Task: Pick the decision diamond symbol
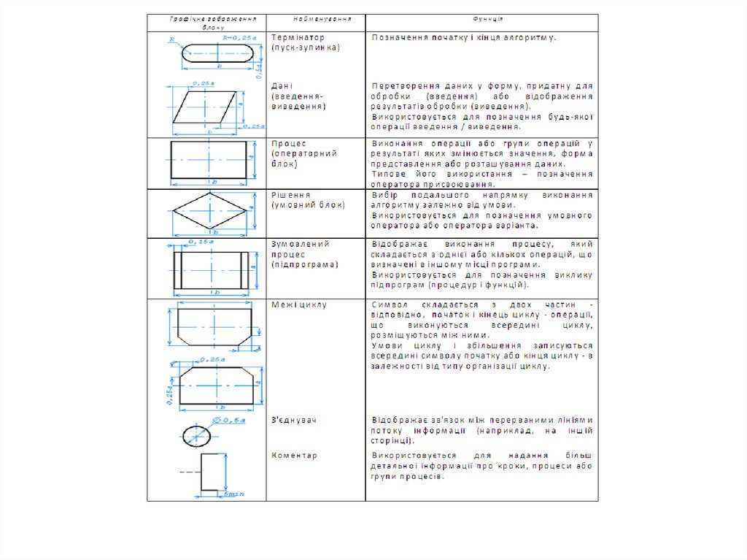click(x=209, y=211)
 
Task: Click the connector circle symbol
click(x=196, y=435)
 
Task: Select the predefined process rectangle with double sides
click(x=209, y=269)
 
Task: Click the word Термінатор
click(x=298, y=37)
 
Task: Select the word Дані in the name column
click(x=282, y=85)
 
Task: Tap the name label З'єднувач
click(x=294, y=421)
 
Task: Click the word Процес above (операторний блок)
click(x=289, y=144)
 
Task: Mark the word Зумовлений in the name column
click(x=301, y=244)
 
